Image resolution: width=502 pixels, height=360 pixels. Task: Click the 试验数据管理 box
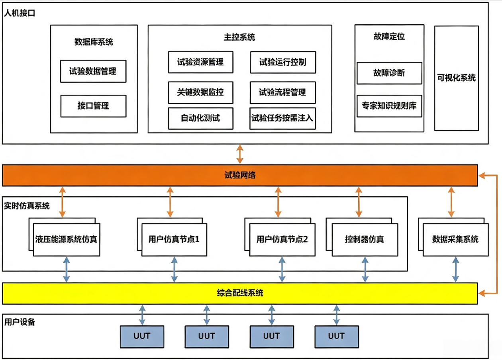(93, 71)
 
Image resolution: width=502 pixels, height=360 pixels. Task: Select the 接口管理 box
(94, 106)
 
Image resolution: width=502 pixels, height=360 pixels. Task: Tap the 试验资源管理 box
(201, 62)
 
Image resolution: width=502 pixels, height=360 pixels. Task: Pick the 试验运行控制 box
(283, 62)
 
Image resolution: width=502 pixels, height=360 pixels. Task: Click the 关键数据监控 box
(201, 92)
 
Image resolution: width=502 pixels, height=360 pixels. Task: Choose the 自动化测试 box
(201, 118)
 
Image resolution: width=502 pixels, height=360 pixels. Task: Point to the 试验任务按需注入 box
(282, 118)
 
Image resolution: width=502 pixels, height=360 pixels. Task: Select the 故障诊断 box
(389, 73)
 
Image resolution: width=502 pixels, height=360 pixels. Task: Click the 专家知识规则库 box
(389, 106)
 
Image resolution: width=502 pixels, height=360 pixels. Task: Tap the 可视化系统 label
(456, 78)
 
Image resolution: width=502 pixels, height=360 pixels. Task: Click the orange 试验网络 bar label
(240, 175)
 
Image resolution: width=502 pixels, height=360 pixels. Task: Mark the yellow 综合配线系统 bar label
(240, 293)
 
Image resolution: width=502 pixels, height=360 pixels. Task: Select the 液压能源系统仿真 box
(67, 239)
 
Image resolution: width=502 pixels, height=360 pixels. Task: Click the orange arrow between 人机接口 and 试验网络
(240, 154)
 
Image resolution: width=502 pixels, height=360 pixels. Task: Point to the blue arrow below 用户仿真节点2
(282, 269)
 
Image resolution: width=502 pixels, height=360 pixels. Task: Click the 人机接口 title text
(20, 13)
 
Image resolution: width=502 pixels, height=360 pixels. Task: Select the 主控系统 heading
(239, 37)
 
